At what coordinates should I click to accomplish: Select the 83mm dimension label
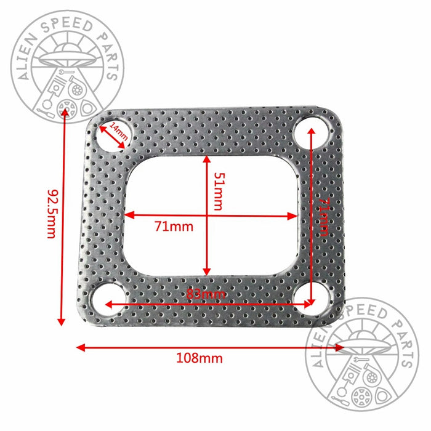(206, 294)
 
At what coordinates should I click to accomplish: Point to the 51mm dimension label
(216, 191)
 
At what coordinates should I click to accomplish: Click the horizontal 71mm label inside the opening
(174, 227)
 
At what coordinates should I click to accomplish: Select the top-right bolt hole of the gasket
(310, 132)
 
